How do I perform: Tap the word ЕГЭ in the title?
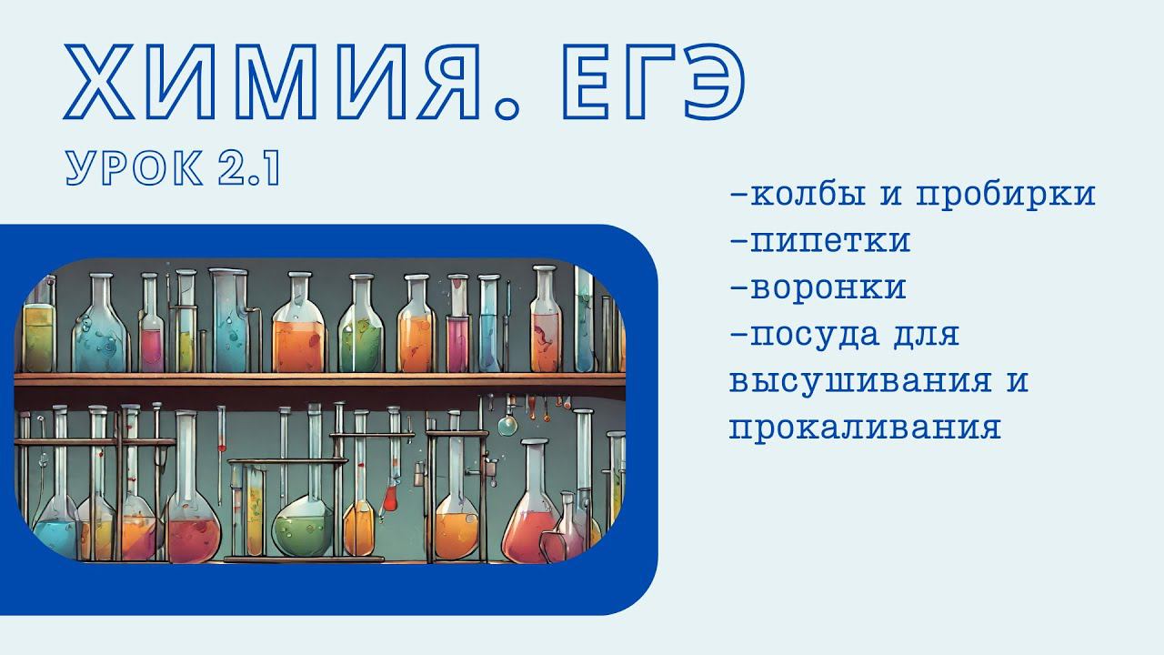[x=654, y=82]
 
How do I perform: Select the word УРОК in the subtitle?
[x=134, y=168]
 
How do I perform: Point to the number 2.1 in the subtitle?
[x=249, y=168]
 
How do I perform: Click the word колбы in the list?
[x=808, y=194]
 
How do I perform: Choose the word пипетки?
[x=830, y=242]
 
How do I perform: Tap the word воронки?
[x=828, y=288]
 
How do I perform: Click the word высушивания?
[x=860, y=381]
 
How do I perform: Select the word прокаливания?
[x=865, y=428]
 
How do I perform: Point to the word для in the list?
[x=927, y=334]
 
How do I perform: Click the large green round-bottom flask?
[x=304, y=525]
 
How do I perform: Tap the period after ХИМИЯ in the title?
[x=507, y=108]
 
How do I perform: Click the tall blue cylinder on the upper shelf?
[x=228, y=322]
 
